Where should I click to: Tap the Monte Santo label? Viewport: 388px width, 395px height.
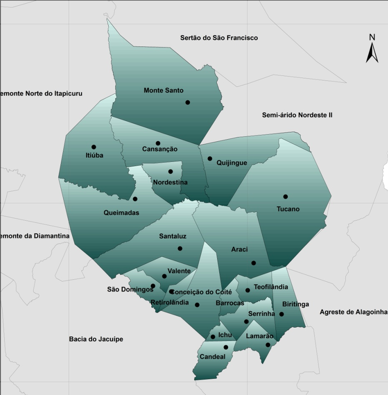tap(163, 90)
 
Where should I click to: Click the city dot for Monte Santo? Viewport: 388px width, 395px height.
tap(188, 103)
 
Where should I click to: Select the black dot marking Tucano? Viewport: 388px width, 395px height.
tap(285, 197)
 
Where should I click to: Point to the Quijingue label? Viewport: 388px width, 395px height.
tap(232, 163)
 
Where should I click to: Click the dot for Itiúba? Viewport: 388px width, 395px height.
tap(94, 147)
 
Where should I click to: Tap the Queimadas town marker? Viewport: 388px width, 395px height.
tap(135, 199)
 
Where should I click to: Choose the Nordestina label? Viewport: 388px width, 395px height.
tap(170, 182)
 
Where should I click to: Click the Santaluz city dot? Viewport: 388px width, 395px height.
tap(180, 248)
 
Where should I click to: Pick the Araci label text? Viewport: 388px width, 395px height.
tap(239, 249)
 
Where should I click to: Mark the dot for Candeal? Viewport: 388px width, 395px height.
tap(226, 347)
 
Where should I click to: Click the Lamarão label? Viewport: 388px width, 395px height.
tap(260, 336)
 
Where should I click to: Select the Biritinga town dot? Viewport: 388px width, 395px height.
tap(282, 314)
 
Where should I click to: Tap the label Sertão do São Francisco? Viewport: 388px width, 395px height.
tap(219, 38)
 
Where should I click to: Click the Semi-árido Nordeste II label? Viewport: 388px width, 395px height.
tap(297, 115)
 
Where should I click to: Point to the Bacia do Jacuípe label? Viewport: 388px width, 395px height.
tap(96, 339)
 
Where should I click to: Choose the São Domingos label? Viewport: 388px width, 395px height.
tap(130, 289)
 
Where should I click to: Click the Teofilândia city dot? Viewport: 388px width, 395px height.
tap(247, 290)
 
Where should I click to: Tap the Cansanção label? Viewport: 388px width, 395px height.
tap(160, 149)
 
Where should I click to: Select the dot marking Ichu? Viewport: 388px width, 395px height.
tap(213, 337)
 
